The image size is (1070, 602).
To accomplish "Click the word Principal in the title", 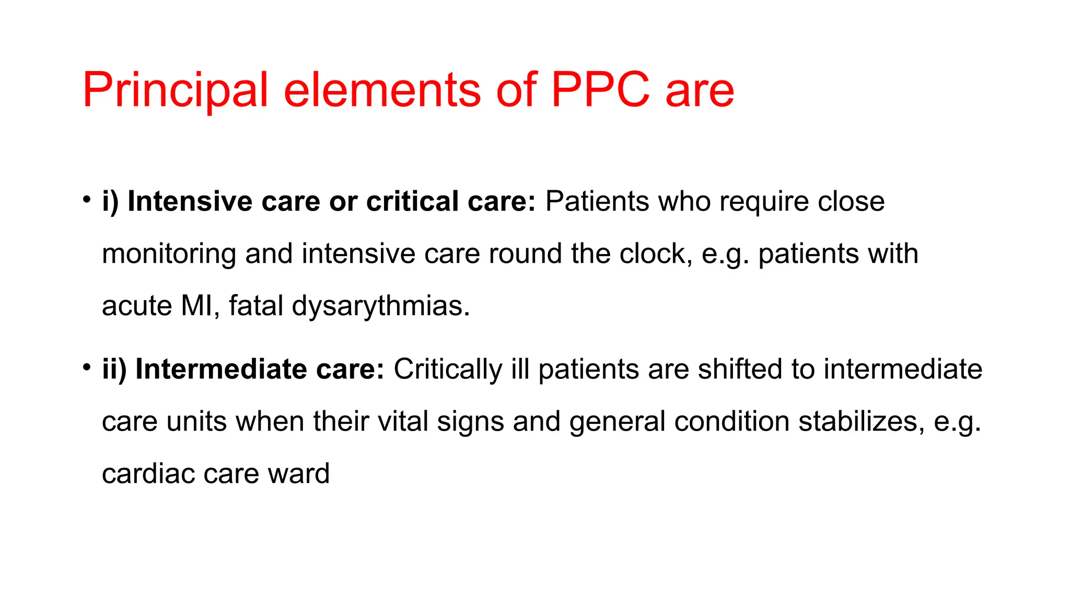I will click(x=175, y=90).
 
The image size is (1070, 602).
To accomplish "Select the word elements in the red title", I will click(x=381, y=90).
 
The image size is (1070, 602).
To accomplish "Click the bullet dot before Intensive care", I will click(x=87, y=200).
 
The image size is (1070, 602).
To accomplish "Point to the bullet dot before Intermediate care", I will click(x=87, y=367).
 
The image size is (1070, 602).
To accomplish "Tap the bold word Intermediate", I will click(x=221, y=369).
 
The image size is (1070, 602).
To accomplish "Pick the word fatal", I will click(x=255, y=306).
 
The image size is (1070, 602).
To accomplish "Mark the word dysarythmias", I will click(x=381, y=307).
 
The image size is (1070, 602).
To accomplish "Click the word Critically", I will click(x=448, y=369).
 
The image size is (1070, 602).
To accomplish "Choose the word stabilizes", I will click(x=862, y=421).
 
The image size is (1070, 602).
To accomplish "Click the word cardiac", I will click(x=148, y=473).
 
